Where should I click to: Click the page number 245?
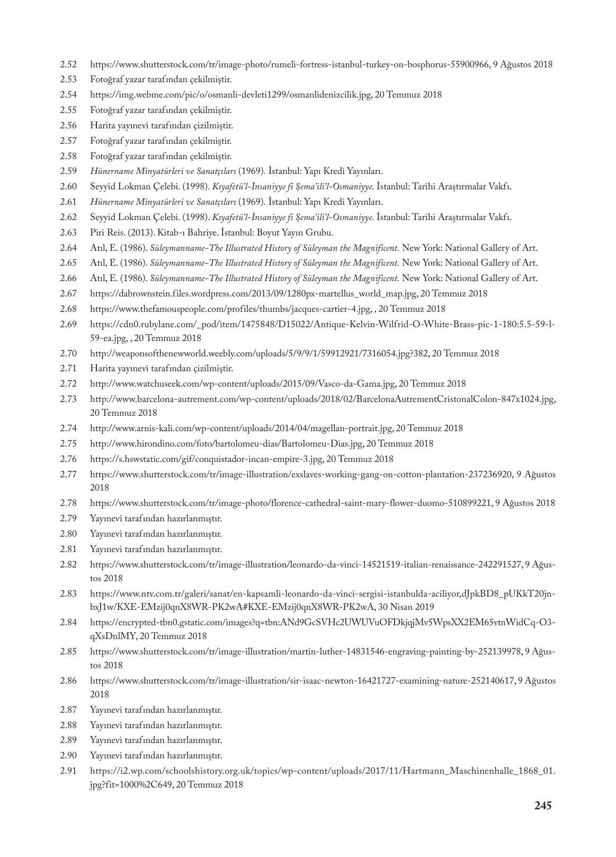(543, 806)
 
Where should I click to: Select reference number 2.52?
(69, 65)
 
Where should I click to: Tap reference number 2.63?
(69, 232)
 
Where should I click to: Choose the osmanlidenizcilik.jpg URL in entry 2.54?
(230, 95)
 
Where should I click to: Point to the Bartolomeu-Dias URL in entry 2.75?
(227, 444)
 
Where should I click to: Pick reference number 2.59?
(69, 171)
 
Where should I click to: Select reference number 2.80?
(69, 534)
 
